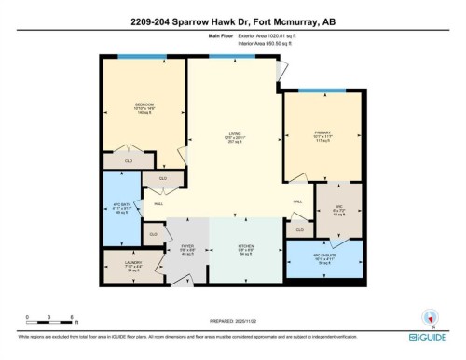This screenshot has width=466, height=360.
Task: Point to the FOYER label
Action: coord(185,246)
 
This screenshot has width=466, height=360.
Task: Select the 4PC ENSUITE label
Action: coord(323,260)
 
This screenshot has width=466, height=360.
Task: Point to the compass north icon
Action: coord(429,315)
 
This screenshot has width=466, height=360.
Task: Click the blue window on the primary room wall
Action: coord(320,91)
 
